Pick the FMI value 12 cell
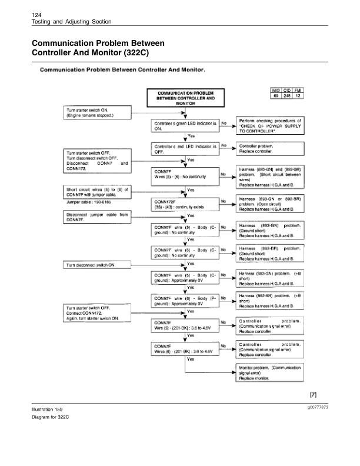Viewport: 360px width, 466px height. (298, 95)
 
